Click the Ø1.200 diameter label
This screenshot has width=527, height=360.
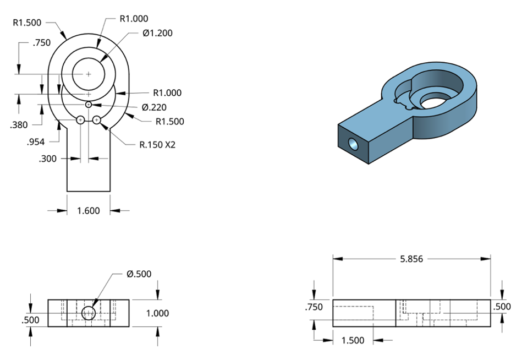[157, 33]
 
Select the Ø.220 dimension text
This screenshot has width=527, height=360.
[154, 107]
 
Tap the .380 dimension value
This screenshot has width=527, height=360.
[19, 125]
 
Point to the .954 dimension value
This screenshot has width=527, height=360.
[36, 142]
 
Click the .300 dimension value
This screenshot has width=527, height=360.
[48, 159]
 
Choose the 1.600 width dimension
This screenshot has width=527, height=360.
[89, 211]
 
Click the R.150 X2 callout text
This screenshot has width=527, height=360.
[157, 145]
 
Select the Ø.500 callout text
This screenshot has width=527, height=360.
[139, 274]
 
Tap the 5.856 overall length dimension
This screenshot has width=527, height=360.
[411, 259]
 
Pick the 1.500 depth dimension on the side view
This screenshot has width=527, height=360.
[353, 341]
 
